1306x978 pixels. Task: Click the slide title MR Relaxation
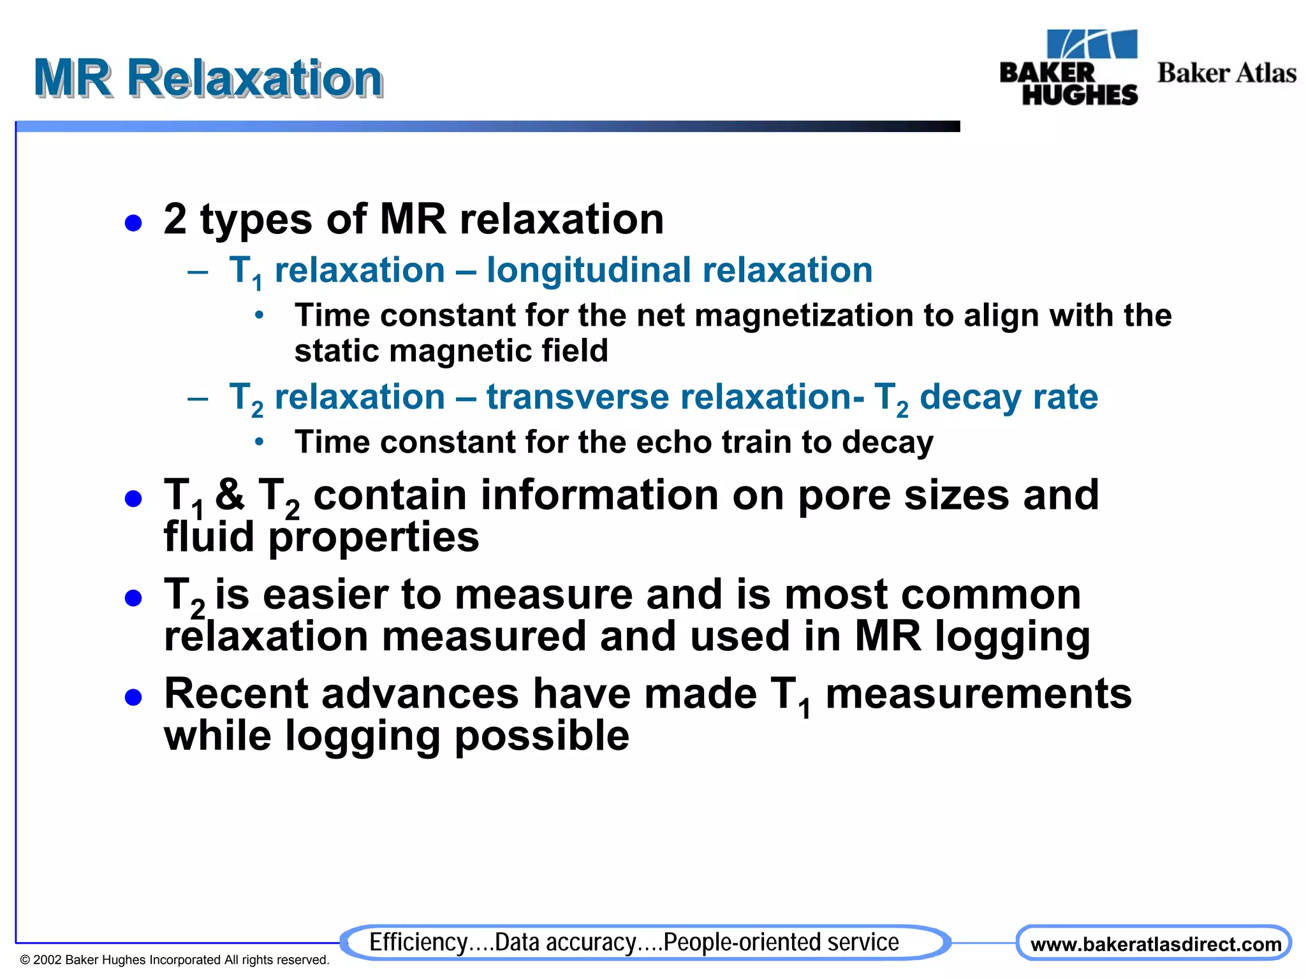(x=208, y=78)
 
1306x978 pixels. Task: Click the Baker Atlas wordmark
(x=1226, y=73)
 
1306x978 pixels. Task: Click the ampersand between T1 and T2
(x=230, y=495)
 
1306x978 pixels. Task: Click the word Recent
(x=235, y=694)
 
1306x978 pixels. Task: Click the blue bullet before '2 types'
(x=133, y=223)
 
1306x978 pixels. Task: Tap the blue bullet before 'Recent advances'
(x=133, y=697)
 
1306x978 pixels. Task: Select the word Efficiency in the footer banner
(x=418, y=942)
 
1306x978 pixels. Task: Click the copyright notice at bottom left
(x=174, y=960)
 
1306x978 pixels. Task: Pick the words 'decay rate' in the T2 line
(x=1008, y=397)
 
